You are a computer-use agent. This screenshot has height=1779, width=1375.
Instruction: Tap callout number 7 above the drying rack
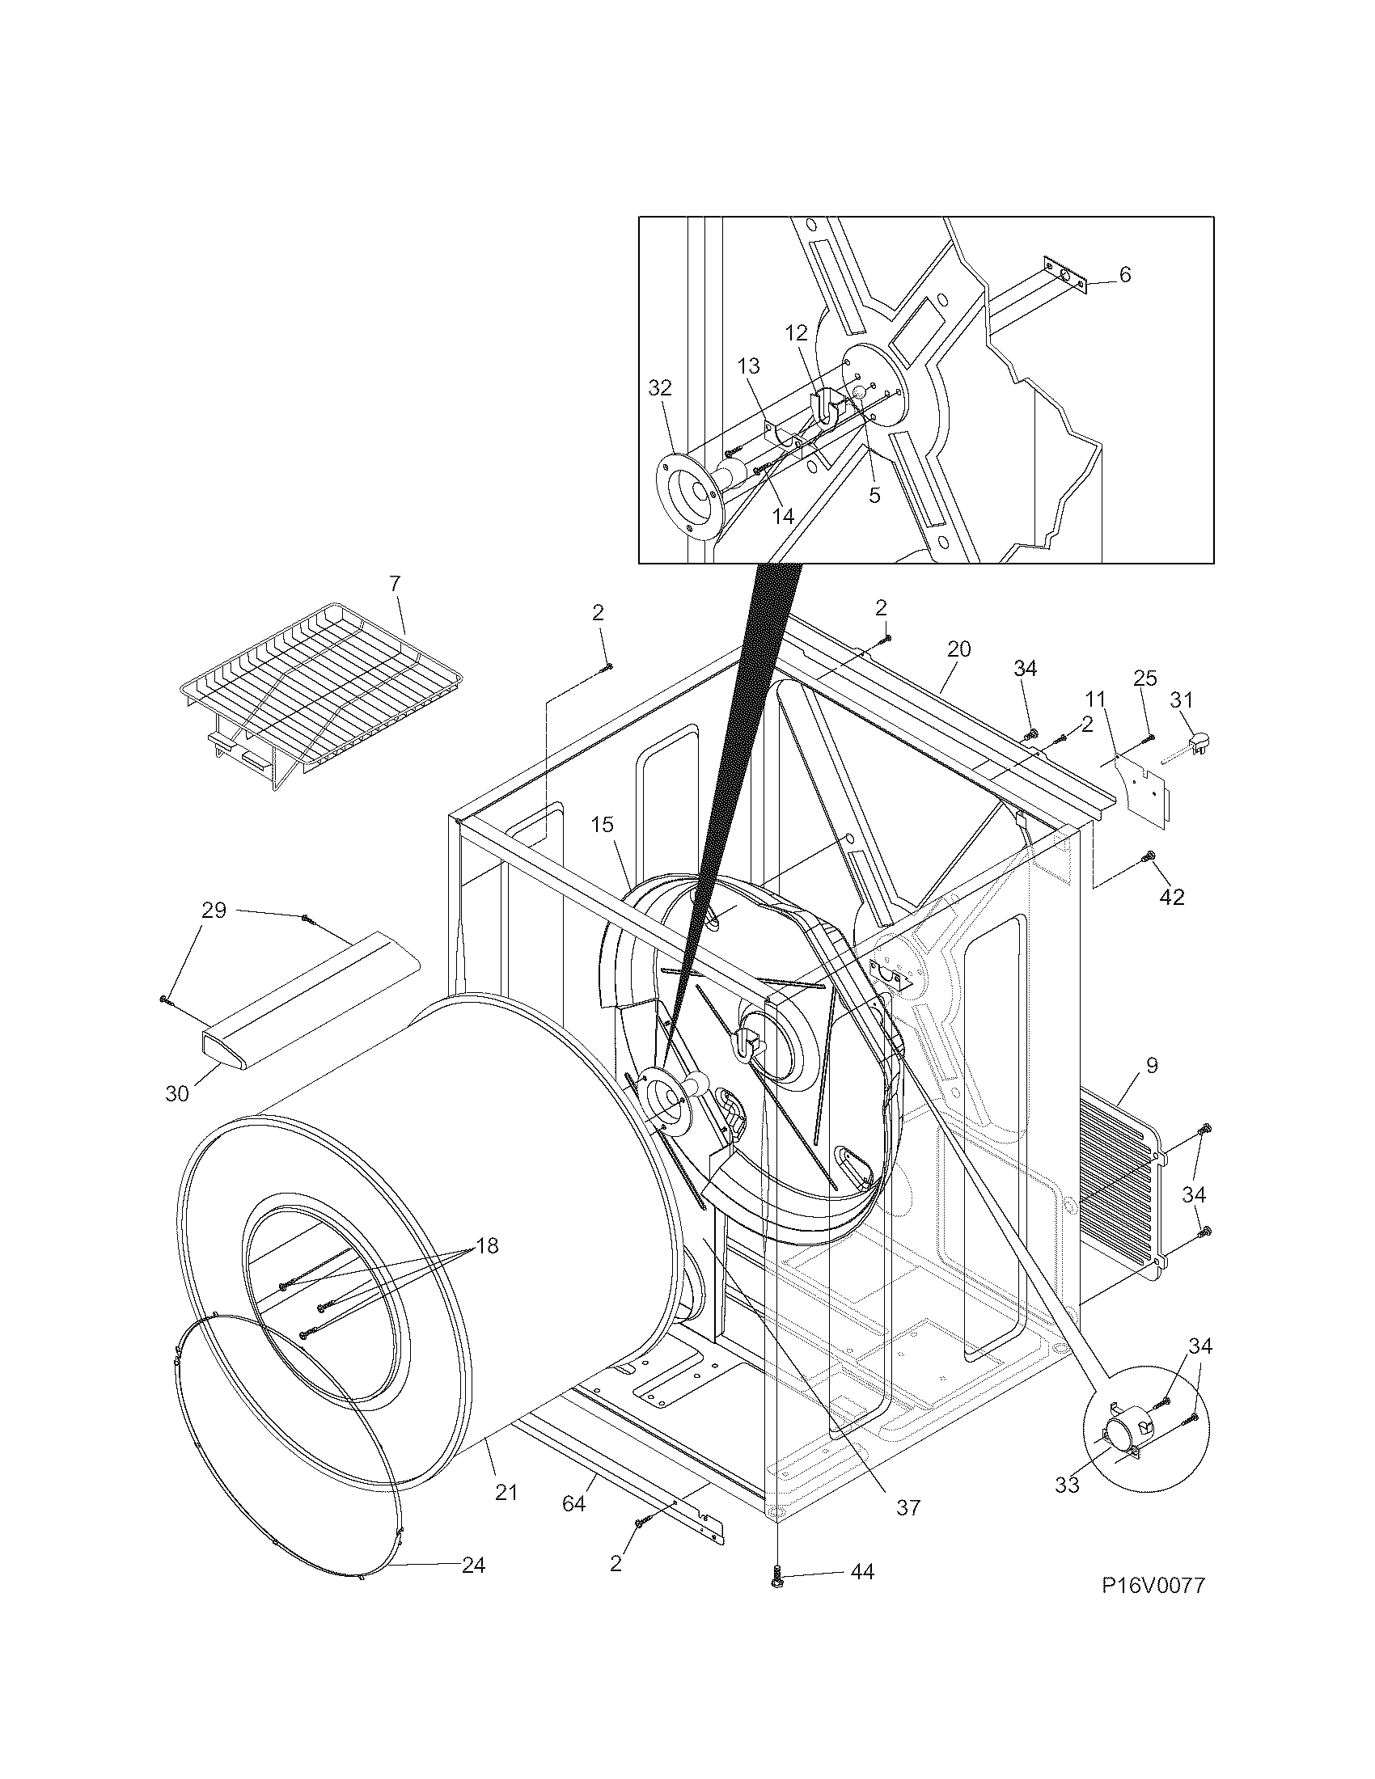(395, 583)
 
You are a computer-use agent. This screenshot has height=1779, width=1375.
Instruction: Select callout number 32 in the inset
(660, 388)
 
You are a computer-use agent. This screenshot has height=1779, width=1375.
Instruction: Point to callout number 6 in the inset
(1125, 274)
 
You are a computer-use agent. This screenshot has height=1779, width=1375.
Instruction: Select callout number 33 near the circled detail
(1067, 1484)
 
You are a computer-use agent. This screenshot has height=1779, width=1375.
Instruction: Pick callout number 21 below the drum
(506, 1492)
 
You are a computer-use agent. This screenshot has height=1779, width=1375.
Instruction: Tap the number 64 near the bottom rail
(573, 1504)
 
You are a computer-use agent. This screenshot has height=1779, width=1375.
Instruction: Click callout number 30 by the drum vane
(177, 1093)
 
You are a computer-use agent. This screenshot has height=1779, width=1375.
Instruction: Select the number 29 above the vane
(214, 910)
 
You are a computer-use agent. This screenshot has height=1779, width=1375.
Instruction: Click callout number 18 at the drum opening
(487, 1245)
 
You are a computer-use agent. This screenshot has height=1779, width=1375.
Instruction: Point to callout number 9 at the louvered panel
(1151, 1065)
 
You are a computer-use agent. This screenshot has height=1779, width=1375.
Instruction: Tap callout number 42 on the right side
(1172, 897)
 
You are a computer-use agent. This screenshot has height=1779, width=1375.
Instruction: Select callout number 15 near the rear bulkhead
(602, 824)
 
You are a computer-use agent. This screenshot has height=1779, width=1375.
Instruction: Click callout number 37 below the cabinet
(907, 1507)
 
